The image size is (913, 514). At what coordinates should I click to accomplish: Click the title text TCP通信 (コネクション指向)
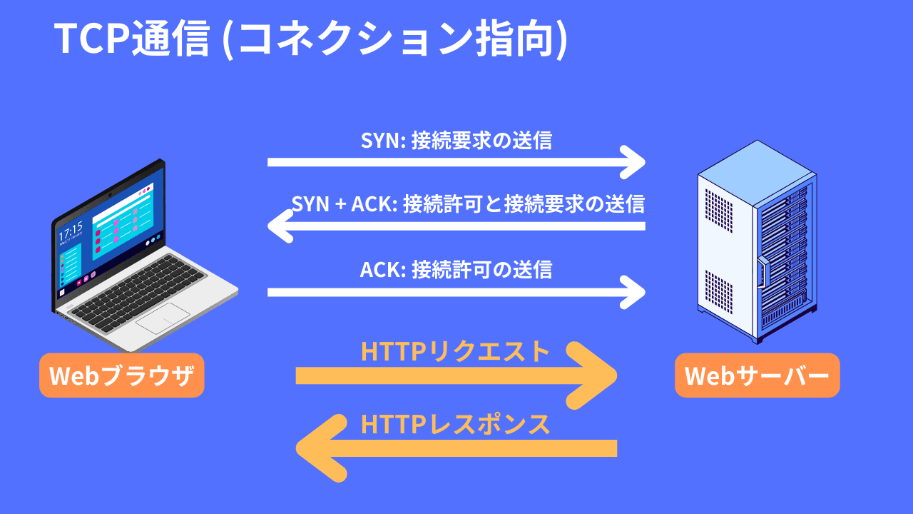tap(311, 39)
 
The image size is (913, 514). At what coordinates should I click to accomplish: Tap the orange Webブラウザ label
tap(121, 376)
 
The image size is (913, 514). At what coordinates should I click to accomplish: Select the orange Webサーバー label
tap(757, 376)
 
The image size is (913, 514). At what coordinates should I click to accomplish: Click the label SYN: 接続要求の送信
tap(456, 141)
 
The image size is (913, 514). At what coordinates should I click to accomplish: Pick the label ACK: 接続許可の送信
tap(456, 270)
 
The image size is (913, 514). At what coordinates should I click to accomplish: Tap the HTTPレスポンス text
tap(456, 424)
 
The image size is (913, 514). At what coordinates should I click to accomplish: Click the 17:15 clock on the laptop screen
tap(70, 232)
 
